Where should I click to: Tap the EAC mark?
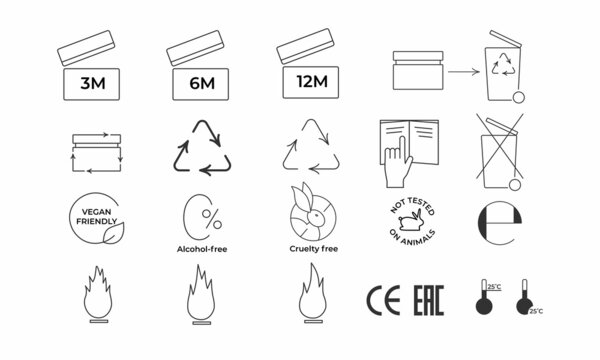pyautogui.click(x=429, y=299)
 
